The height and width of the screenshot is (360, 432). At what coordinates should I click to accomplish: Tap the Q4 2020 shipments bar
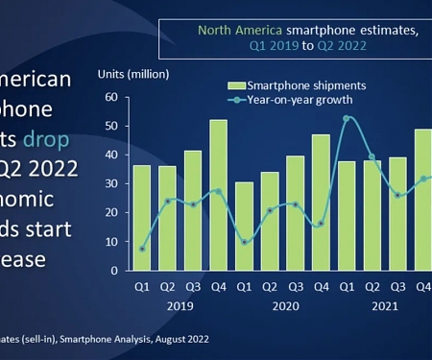pos(321,203)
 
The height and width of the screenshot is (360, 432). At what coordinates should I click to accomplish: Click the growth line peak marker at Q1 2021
pos(347,118)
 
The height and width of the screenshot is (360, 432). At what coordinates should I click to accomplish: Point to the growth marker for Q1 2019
pos(142,249)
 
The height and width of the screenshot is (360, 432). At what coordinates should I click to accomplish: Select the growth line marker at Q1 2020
pos(245,242)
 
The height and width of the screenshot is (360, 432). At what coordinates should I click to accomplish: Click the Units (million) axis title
pos(133,74)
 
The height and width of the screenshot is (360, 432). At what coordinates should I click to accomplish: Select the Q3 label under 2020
pos(296,285)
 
